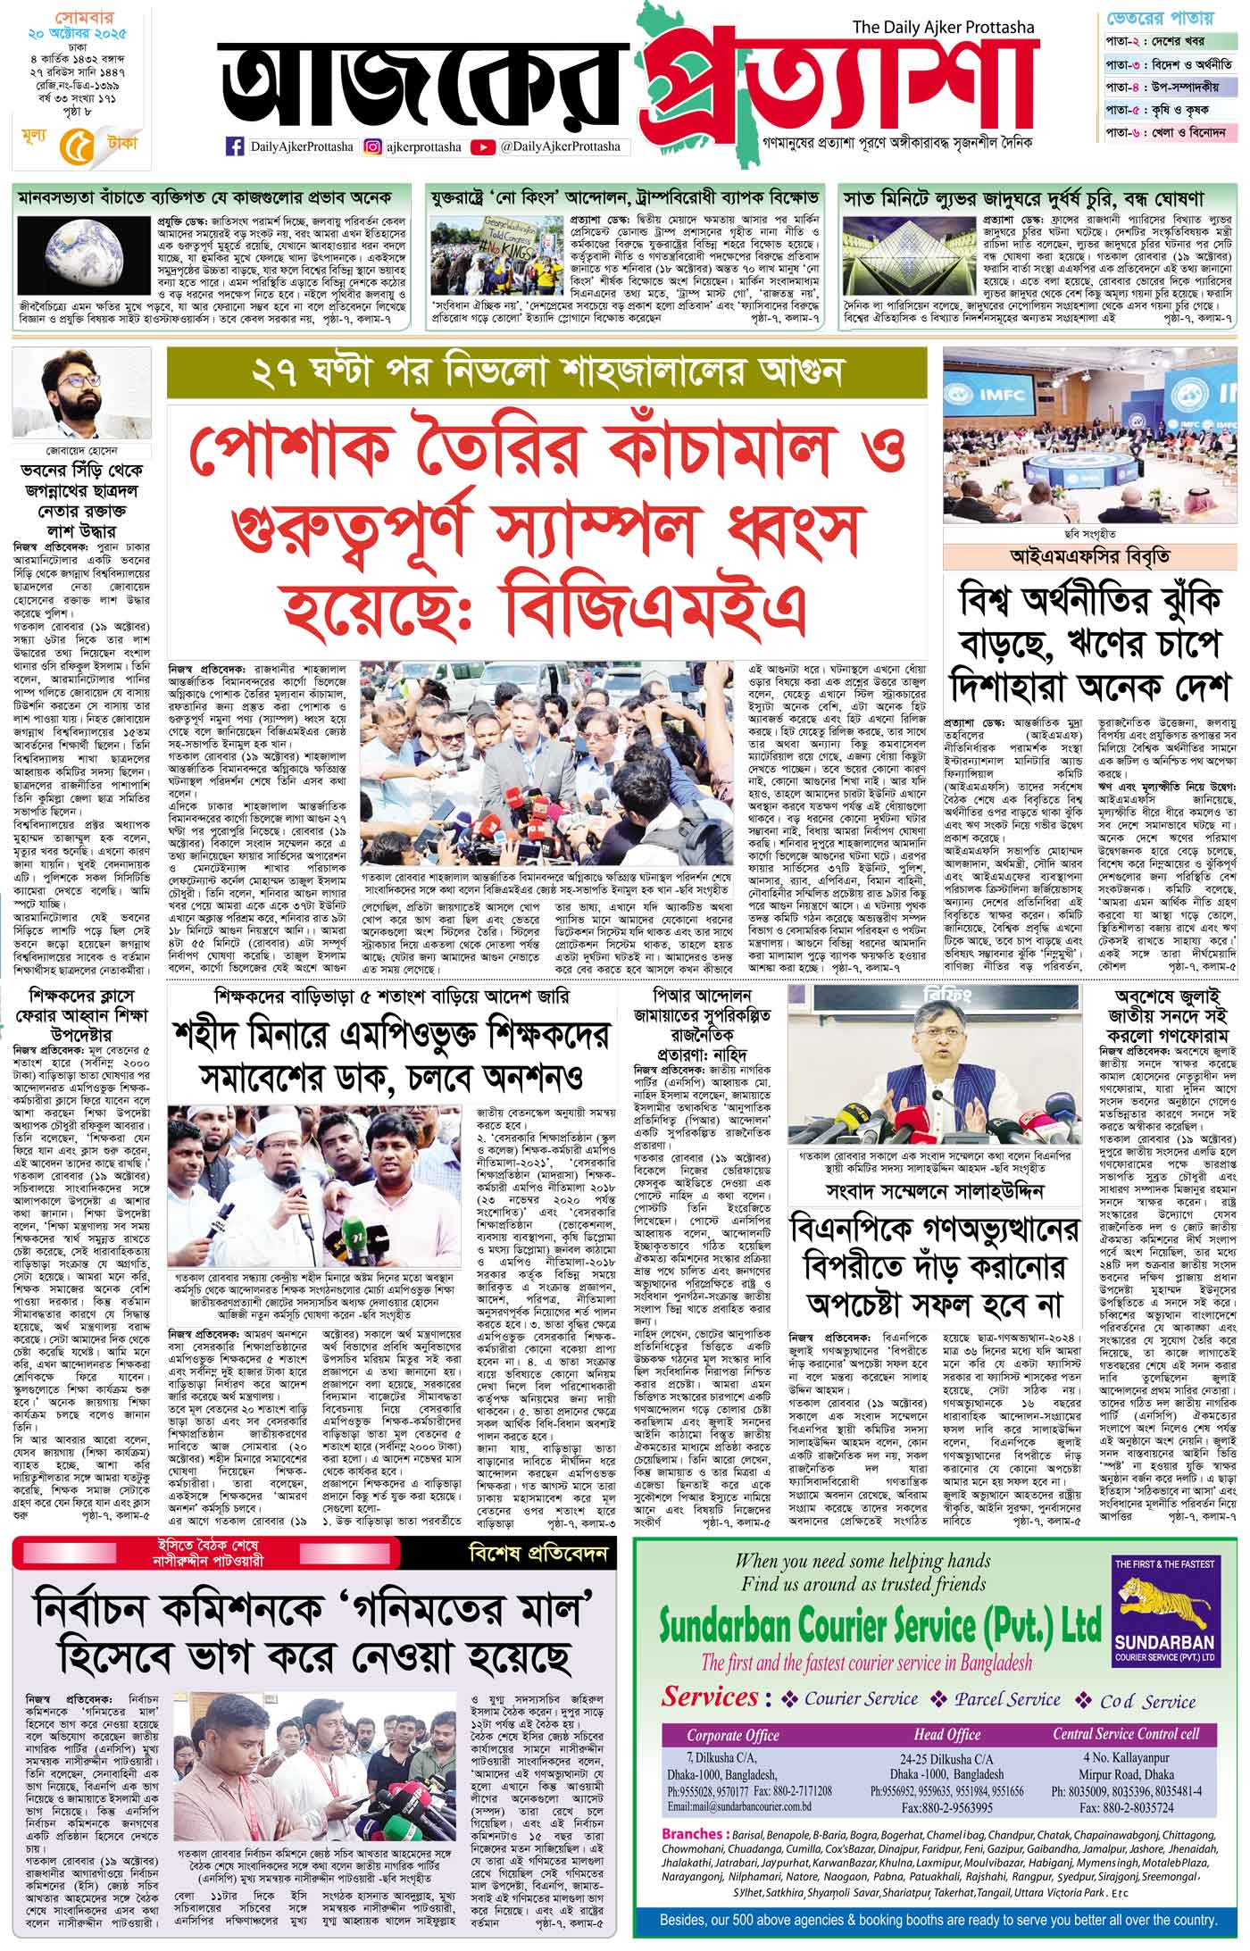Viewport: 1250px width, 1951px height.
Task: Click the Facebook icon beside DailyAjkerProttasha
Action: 237,146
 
